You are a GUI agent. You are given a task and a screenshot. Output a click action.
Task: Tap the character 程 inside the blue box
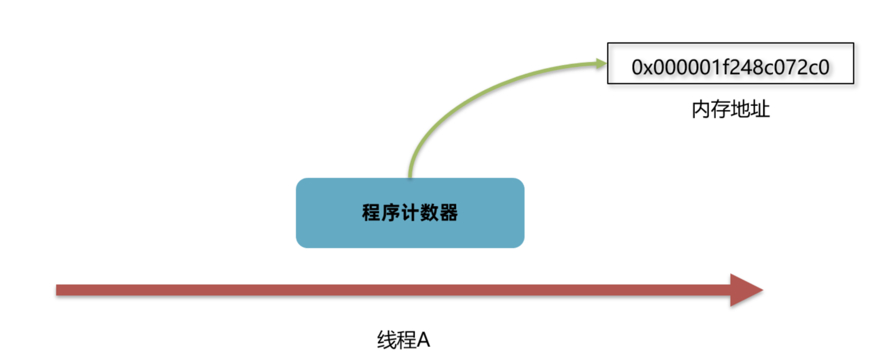coord(371,213)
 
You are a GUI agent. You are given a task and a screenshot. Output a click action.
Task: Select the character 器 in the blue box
coord(449,213)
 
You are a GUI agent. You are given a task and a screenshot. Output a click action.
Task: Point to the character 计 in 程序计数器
coord(410,213)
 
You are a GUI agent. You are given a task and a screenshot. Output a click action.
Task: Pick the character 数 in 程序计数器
coord(429,213)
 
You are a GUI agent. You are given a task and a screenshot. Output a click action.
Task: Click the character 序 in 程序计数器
coord(390,213)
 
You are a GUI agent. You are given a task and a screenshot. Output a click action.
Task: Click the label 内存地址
coord(731,109)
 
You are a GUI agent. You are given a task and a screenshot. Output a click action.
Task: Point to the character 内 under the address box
coord(701,109)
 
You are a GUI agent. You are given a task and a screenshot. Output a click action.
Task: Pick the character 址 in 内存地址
coord(760,109)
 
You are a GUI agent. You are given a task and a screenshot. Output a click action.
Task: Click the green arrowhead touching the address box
coord(601,63)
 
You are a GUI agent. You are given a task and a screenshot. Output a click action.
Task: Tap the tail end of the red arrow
coord(59,290)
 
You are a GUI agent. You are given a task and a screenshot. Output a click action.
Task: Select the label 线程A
coord(403,340)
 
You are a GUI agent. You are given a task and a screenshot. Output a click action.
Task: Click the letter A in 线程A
coord(423,340)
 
